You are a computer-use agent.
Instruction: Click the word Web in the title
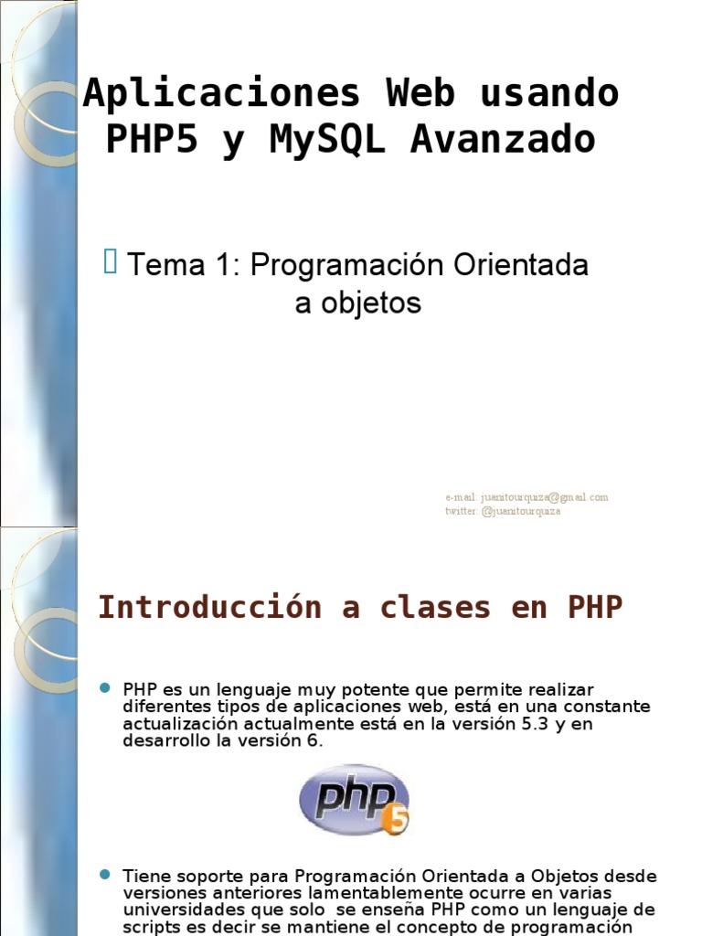420,93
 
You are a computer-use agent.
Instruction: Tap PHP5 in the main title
151,140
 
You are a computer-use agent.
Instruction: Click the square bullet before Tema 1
111,263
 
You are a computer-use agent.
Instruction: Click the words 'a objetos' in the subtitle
357,303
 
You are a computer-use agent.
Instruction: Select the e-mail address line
526,497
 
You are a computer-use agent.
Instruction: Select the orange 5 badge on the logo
397,820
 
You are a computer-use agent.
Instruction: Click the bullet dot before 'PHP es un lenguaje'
103,687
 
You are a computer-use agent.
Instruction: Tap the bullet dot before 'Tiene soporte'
103,875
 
